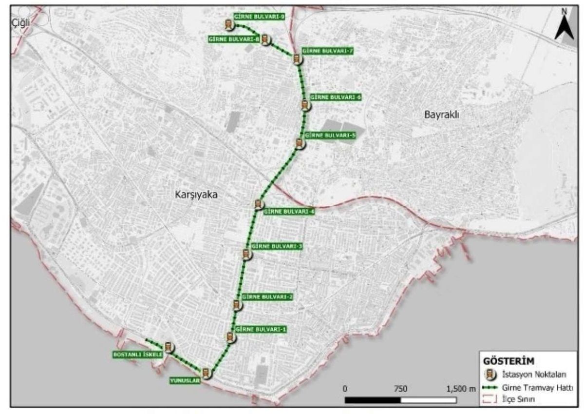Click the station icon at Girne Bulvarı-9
pyautogui.click(x=228, y=24)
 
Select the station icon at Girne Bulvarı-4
pyautogui.click(x=259, y=204)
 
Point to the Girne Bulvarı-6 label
pyautogui.click(x=336, y=98)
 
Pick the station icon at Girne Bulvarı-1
pyautogui.click(x=231, y=336)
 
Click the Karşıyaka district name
pyautogui.click(x=194, y=194)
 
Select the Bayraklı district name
pyautogui.click(x=442, y=115)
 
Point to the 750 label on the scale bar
pyautogui.click(x=400, y=389)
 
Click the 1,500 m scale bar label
pyautogui.click(x=459, y=389)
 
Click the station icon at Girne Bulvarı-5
pyautogui.click(x=300, y=143)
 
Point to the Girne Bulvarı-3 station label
pyautogui.click(x=276, y=247)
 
